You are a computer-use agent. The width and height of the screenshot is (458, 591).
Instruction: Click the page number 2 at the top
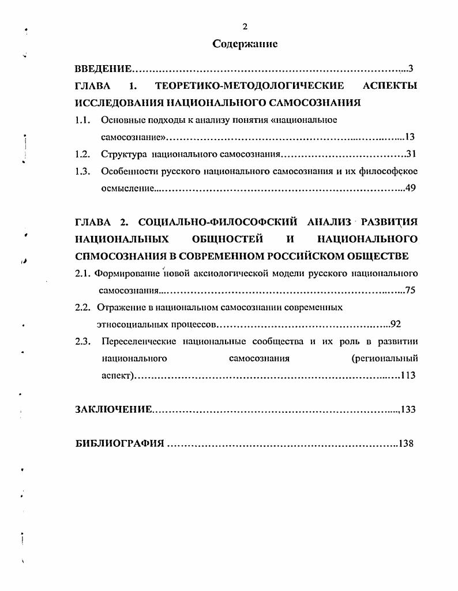245,27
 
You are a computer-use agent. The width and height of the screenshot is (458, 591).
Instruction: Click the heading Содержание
245,43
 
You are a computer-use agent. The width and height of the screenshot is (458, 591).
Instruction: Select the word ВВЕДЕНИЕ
104,69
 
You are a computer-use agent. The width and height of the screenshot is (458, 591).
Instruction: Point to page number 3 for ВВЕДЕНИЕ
410,69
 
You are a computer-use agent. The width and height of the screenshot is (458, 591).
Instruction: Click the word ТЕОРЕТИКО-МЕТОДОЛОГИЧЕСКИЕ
250,86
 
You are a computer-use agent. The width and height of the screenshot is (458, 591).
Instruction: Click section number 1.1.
84,121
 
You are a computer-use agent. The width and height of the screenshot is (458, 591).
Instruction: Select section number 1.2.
84,154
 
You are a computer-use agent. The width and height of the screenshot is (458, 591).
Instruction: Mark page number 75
410,290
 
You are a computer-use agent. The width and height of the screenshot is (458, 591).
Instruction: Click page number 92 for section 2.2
395,323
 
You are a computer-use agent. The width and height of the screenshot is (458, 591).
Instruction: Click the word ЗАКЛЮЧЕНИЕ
114,409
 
